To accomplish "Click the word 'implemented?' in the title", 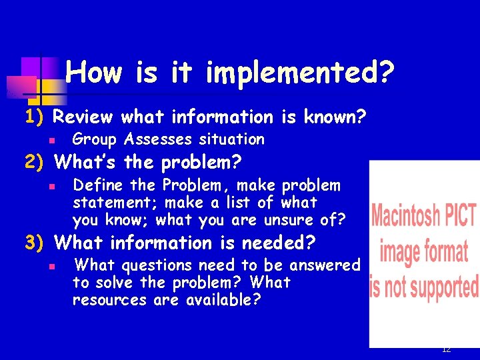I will (299, 73).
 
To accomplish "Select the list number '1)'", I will (33, 117).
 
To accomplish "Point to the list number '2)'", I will (33, 162).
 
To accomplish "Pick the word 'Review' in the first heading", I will (83, 117).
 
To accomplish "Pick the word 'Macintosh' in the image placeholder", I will (405, 217).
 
